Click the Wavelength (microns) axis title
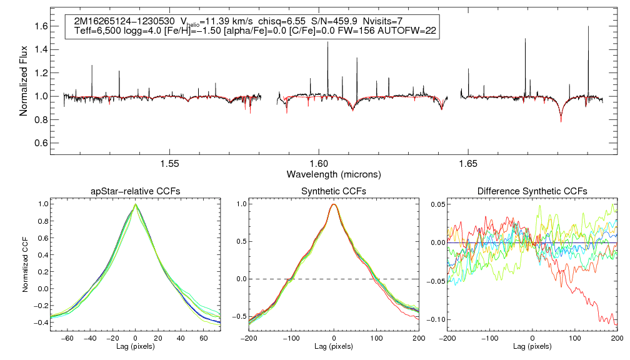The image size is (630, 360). pyautogui.click(x=333, y=174)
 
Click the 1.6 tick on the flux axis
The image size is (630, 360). pyautogui.click(x=41, y=26)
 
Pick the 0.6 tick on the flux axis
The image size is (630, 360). pyautogui.click(x=41, y=142)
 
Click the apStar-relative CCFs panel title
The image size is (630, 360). pyautogui.click(x=135, y=191)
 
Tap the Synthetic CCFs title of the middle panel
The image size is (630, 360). pyautogui.click(x=334, y=191)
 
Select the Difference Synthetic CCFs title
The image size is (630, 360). pyautogui.click(x=532, y=191)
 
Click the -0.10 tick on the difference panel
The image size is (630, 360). pyautogui.click(x=435, y=319)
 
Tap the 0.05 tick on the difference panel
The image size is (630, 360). pyautogui.click(x=437, y=204)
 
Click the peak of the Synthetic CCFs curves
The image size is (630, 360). pyautogui.click(x=334, y=204)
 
